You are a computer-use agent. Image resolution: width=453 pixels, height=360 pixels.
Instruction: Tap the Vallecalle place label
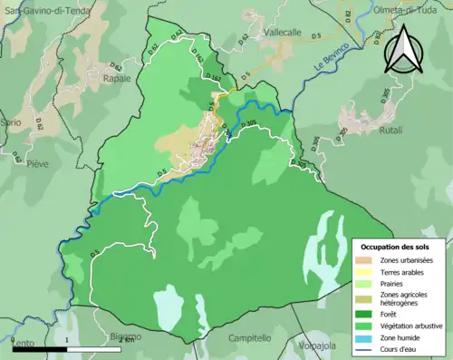coord(281,31)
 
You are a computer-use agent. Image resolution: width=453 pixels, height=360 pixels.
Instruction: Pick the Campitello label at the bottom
coord(250,338)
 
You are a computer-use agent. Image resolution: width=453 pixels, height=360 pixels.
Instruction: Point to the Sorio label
coord(11,121)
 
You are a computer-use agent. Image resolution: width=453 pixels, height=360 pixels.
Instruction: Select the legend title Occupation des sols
coord(395,247)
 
